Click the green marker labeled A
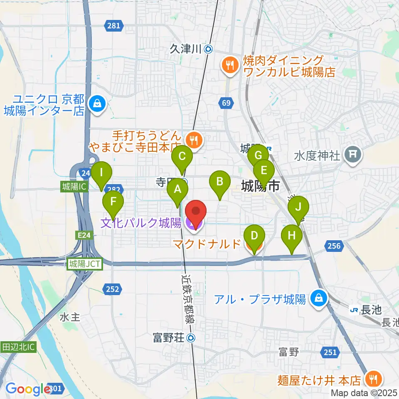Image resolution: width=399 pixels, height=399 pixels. coord(177,190)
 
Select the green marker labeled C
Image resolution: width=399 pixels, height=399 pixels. coord(182,158)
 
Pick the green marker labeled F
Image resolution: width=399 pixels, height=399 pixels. coord(113,203)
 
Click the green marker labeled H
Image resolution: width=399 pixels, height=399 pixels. coord(292,236)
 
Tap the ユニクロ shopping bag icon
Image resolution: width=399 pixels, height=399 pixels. coord(97,102)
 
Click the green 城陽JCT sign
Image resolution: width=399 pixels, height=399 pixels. coord(85,264)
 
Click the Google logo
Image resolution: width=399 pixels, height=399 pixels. coord(27,389)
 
